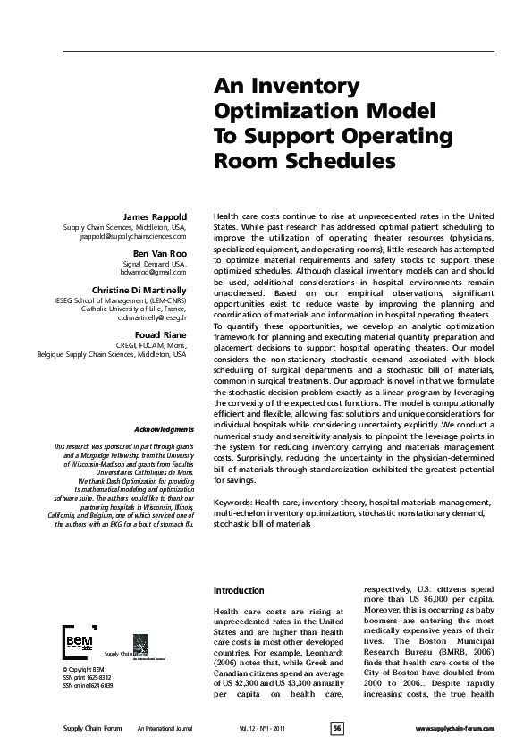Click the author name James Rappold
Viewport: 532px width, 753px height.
point(155,216)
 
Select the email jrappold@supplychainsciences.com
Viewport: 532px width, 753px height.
point(132,237)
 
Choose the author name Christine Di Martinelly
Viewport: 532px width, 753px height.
point(139,290)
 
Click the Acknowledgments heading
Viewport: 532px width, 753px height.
point(158,430)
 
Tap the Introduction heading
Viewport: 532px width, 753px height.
point(239,591)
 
